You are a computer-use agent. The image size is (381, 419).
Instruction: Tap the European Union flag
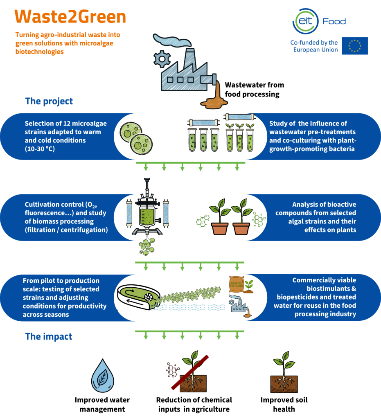(354, 46)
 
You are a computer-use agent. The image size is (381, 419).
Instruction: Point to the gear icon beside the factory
(160, 59)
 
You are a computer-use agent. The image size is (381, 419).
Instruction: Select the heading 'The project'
(49, 101)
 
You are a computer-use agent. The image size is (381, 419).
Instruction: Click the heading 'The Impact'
(49, 337)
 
